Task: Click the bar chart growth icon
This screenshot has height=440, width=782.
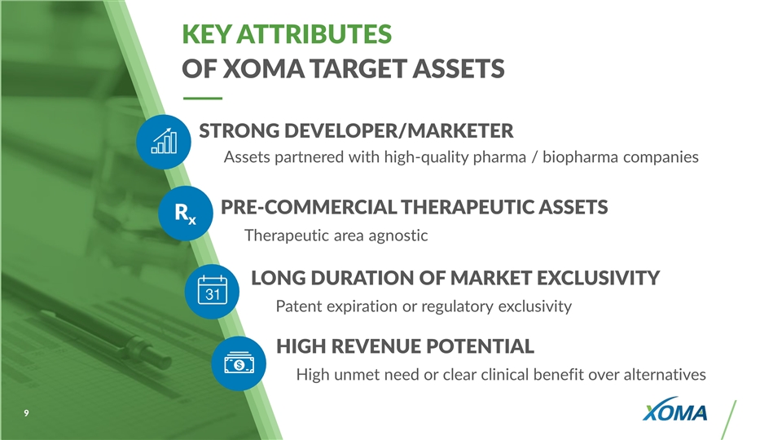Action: coord(164,142)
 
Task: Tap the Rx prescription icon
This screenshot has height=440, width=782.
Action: coord(186,213)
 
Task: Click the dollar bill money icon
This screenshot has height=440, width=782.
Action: coord(239,363)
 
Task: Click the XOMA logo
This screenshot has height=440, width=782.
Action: coord(674,410)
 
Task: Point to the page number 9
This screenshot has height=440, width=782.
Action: coord(26,413)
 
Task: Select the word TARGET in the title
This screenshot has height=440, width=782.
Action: coord(358,68)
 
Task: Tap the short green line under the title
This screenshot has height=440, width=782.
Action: coord(203,99)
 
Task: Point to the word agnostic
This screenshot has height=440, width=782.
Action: coord(398,235)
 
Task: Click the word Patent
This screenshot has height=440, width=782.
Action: coord(299,306)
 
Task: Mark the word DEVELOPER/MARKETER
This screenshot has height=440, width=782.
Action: coord(398,130)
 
